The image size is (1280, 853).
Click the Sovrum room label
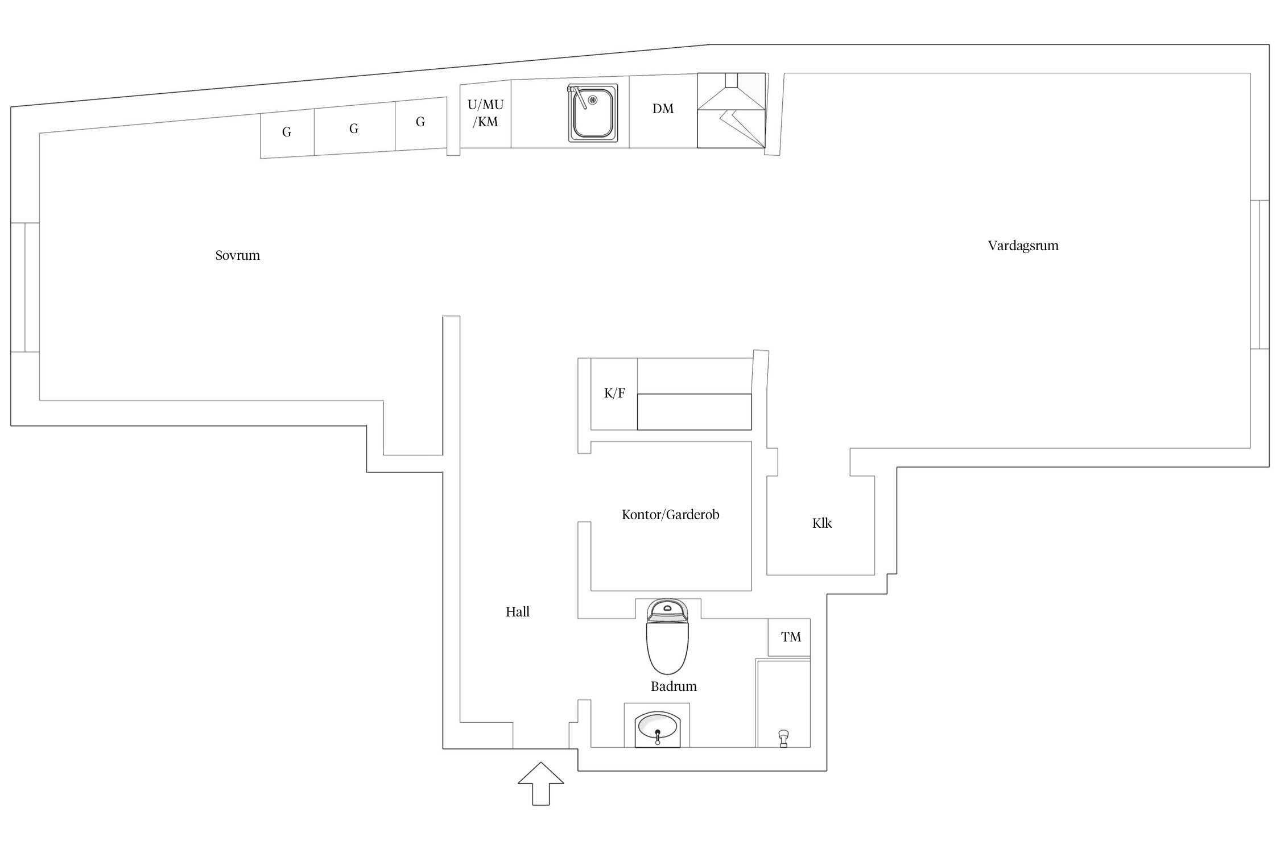click(237, 255)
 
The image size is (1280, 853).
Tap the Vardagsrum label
click(1023, 246)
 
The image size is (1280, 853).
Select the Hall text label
click(517, 612)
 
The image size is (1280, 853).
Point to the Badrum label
click(674, 686)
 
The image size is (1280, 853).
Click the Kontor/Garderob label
click(670, 515)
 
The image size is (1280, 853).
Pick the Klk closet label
click(821, 523)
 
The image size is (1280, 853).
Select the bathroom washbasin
click(657, 728)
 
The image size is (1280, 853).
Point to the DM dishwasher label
click(663, 109)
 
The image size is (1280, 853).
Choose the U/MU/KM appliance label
click(485, 113)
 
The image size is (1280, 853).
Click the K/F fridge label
click(614, 393)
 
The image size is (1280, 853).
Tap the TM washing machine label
click(791, 637)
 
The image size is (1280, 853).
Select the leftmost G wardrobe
click(287, 132)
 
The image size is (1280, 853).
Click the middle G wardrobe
click(354, 129)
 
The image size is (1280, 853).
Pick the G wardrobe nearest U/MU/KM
click(420, 122)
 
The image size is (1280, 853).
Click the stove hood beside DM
click(731, 110)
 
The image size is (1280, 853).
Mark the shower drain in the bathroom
click(783, 738)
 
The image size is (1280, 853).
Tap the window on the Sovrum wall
click(25, 287)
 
